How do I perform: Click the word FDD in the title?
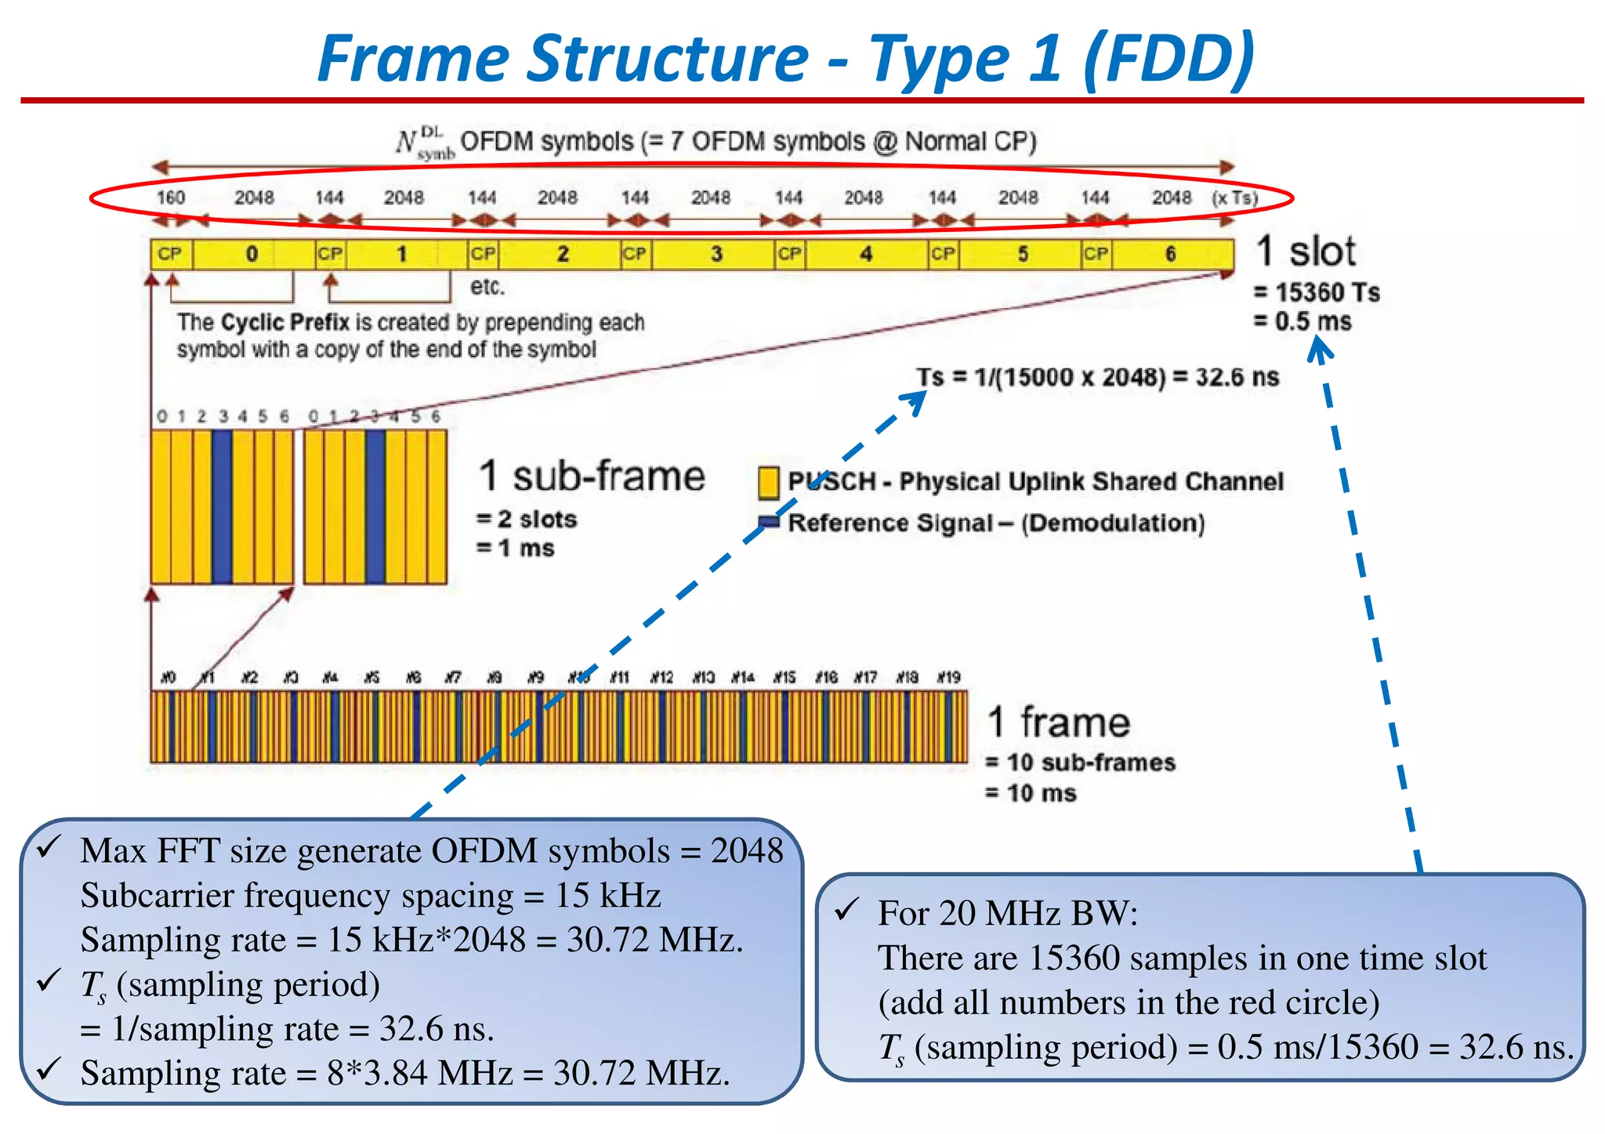[x=1169, y=60]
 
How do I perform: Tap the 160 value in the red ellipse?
[x=170, y=197]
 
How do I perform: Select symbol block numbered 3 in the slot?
[x=716, y=254]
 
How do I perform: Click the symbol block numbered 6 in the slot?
[x=1170, y=254]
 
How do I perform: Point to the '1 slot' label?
[x=1306, y=252]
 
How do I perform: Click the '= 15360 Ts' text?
[x=1317, y=292]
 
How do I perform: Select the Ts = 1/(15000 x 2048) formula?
[x=1097, y=377]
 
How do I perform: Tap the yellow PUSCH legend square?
[x=768, y=483]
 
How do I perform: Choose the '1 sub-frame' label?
[x=592, y=476]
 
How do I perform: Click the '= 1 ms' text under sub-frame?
[x=515, y=548]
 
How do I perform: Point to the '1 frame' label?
[x=1058, y=722]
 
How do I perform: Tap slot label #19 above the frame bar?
[x=948, y=676]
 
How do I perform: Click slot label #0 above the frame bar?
[x=168, y=676]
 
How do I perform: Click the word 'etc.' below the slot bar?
[x=487, y=287]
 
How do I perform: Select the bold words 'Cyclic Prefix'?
[x=285, y=322]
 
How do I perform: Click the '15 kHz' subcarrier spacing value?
[x=608, y=896]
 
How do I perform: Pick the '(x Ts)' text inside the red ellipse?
[x=1235, y=197]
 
